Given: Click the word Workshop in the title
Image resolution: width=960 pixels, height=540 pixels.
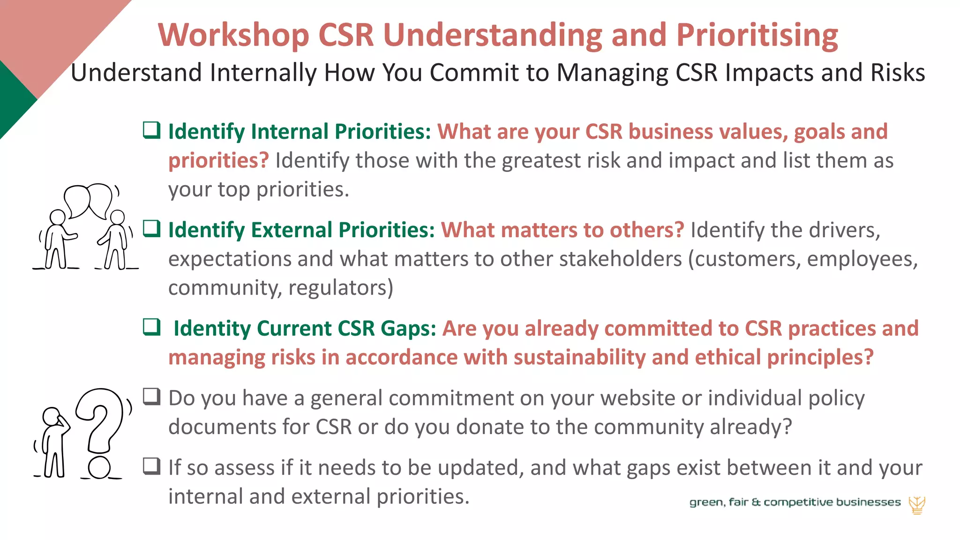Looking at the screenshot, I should click(x=233, y=36).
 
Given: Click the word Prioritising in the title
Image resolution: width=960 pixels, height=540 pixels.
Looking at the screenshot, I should click(x=757, y=36).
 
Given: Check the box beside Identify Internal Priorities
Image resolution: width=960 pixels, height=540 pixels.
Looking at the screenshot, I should click(x=152, y=130).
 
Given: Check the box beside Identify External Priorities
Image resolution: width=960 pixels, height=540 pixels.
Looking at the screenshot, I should click(x=152, y=228).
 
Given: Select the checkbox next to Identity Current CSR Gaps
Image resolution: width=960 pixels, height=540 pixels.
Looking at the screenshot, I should click(x=152, y=327).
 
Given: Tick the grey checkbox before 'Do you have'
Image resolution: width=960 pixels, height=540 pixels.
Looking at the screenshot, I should click(x=152, y=397).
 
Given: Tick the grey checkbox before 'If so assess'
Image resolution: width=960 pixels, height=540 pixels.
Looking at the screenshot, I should click(x=152, y=466).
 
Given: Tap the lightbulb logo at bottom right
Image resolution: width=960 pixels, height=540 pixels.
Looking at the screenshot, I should click(x=916, y=505).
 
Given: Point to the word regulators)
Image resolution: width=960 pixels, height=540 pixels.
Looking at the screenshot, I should click(x=341, y=288).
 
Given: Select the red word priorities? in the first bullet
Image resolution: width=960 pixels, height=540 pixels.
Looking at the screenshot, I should click(x=218, y=160).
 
